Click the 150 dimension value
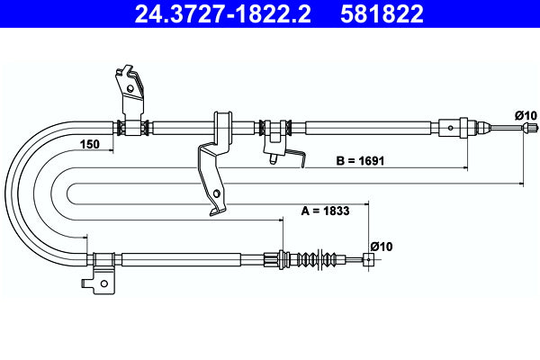click(89, 145)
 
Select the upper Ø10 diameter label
click(526, 114)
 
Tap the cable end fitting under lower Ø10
click(367, 260)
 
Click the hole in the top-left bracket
click(132, 88)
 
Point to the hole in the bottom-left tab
click(103, 286)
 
